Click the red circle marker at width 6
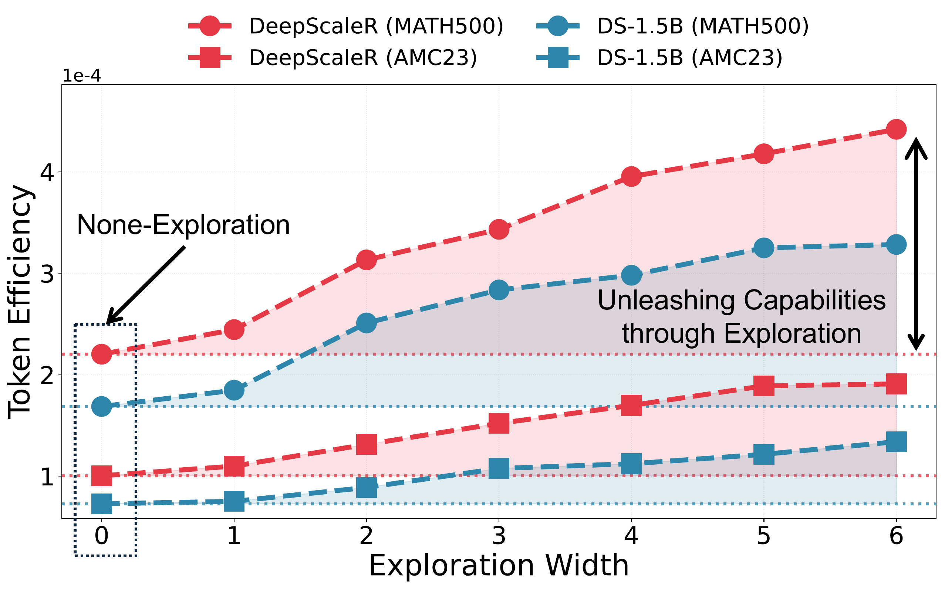pos(896,129)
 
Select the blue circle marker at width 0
pos(101,407)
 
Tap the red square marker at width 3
pos(499,423)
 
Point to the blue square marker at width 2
pos(366,487)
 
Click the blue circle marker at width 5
pos(763,248)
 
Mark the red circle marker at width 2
pos(366,260)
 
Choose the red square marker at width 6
pos(896,384)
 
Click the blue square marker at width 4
pos(631,464)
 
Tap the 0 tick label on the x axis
pos(101,536)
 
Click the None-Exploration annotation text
pos(183,225)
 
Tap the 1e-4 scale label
pos(82,76)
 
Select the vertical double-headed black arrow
pos(916,244)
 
